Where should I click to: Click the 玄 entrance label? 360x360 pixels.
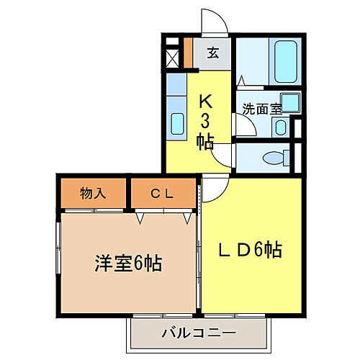tap(213, 52)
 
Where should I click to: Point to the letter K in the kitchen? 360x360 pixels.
tap(205, 101)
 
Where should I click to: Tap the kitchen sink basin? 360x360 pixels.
tap(177, 124)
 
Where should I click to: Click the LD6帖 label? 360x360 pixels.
tap(251, 250)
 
